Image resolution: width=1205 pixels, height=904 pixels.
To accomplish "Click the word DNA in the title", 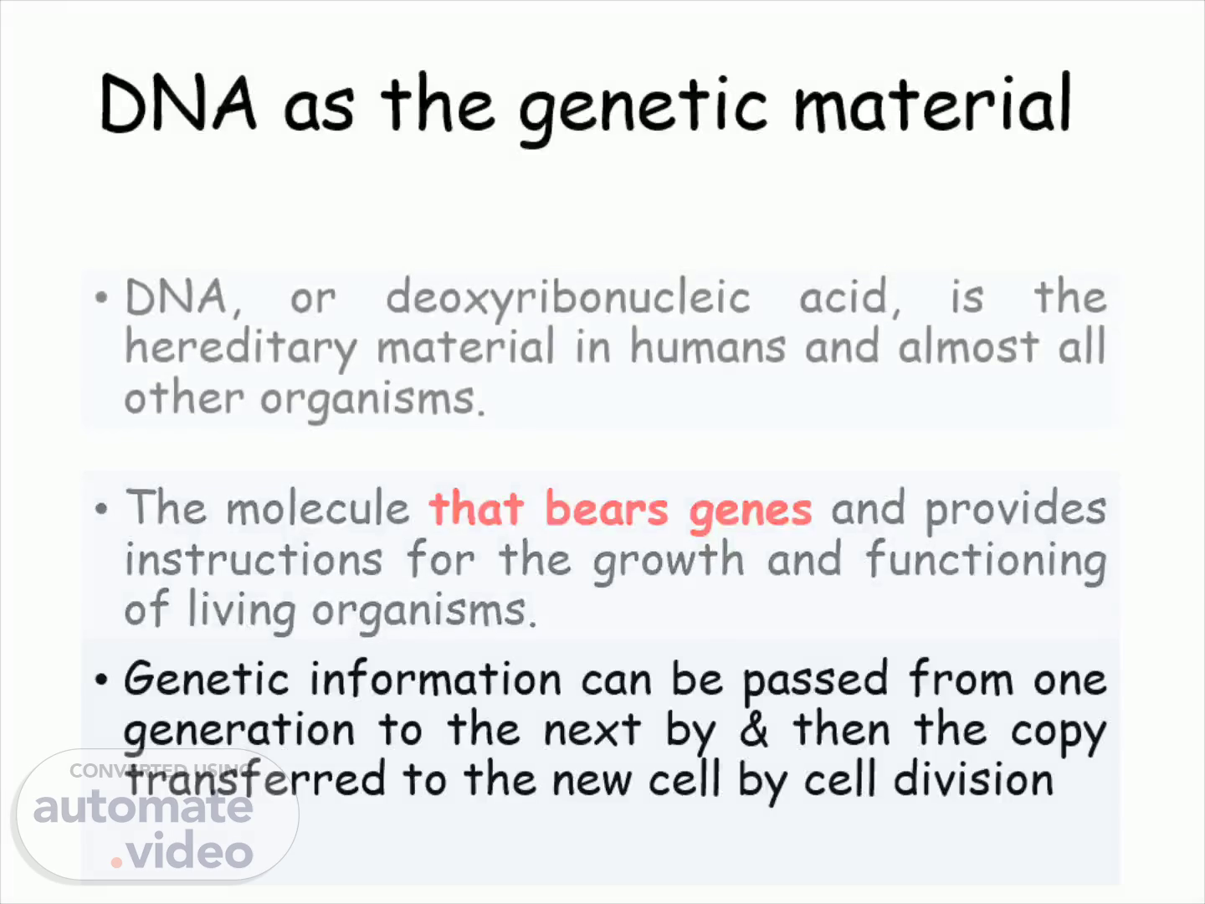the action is [178, 104].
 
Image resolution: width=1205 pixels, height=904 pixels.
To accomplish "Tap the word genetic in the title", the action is [643, 110].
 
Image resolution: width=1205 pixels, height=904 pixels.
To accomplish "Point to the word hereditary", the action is [241, 348].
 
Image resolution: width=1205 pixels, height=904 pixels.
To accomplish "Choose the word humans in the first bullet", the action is [708, 345].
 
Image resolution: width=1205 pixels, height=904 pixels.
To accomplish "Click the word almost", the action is [968, 346].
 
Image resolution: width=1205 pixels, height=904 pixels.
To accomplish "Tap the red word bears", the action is [607, 508].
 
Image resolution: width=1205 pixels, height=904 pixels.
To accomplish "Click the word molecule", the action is [318, 507].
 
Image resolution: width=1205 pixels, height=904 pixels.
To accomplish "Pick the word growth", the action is [669, 562].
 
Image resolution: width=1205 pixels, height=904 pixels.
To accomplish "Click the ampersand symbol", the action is [754, 729].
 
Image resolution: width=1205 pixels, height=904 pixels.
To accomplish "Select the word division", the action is [973, 778].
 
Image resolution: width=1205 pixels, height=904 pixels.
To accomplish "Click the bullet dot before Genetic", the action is [101, 680].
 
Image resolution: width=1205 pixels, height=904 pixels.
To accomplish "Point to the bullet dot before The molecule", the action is [101, 508].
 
